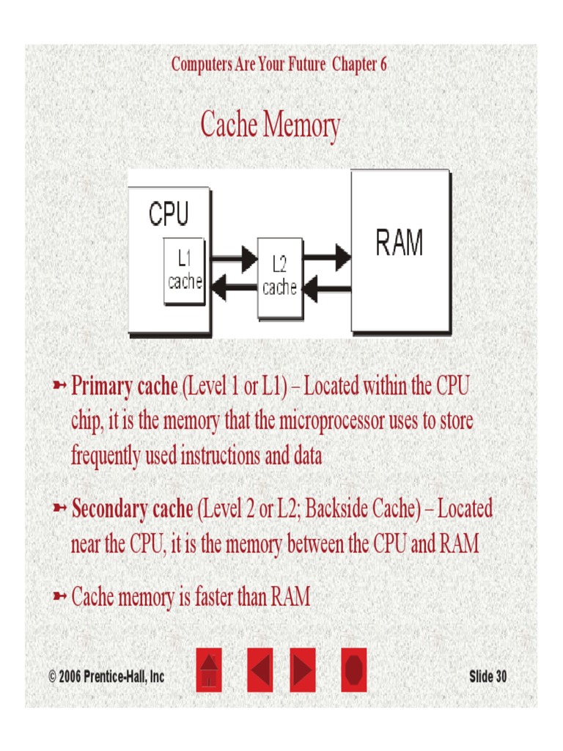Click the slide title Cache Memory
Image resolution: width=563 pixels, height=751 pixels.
tap(270, 125)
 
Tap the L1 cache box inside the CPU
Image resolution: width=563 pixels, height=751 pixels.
tap(184, 271)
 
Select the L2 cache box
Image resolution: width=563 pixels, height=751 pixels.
tap(279, 277)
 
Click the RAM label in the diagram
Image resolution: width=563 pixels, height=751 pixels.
tap(400, 243)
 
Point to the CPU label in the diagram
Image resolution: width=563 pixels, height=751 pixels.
tap(169, 214)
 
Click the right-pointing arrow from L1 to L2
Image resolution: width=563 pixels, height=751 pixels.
tap(234, 259)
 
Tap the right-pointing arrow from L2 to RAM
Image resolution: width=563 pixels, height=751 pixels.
tap(327, 257)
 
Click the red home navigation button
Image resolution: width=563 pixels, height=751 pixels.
tap(209, 670)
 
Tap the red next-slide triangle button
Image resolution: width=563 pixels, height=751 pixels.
tap(302, 670)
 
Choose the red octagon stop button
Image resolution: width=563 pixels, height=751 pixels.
tap(354, 670)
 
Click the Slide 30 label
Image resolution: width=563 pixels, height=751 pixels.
tap(487, 676)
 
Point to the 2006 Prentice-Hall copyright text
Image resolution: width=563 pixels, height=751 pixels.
tap(106, 676)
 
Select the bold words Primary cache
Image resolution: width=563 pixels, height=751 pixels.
tap(124, 387)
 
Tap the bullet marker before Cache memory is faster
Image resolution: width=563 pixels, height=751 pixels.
tap(60, 597)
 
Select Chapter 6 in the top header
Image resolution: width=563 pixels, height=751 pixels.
tap(359, 65)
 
